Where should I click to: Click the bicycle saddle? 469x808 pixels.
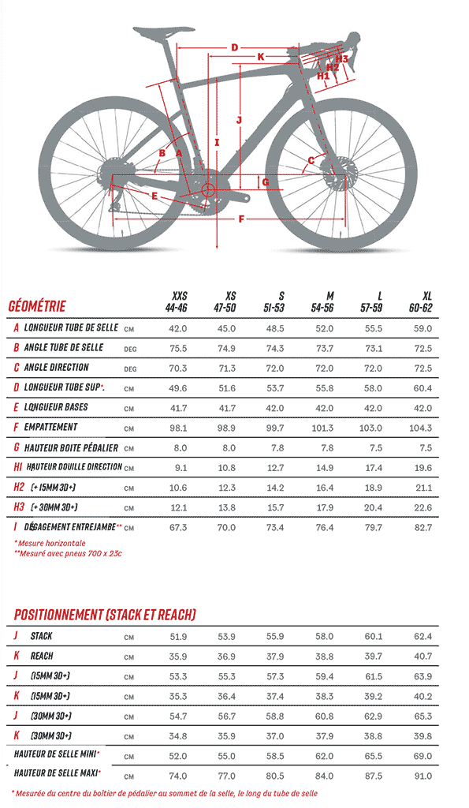pyautogui.click(x=164, y=32)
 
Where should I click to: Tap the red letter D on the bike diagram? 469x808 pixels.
pyautogui.click(x=234, y=48)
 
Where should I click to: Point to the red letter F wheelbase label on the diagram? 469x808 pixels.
pyautogui.click(x=241, y=219)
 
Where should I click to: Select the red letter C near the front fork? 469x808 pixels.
pyautogui.click(x=311, y=161)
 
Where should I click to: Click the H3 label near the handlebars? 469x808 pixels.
pyautogui.click(x=342, y=58)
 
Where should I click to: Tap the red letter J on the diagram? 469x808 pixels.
pyautogui.click(x=239, y=120)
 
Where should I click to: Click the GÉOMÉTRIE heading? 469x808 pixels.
pyautogui.click(x=37, y=307)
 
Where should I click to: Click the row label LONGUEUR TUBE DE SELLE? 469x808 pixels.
pyautogui.click(x=71, y=327)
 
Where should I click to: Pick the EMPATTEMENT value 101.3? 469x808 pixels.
pyautogui.click(x=323, y=428)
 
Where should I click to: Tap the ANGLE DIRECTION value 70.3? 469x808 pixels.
pyautogui.click(x=178, y=368)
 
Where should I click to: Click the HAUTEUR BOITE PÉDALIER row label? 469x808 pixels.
pyautogui.click(x=71, y=448)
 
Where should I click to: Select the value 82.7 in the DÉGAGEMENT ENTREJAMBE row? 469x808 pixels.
pyautogui.click(x=423, y=528)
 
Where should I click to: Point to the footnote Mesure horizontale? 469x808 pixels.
pyautogui.click(x=50, y=543)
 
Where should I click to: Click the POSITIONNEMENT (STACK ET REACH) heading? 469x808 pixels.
pyautogui.click(x=105, y=615)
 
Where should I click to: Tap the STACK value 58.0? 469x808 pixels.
pyautogui.click(x=324, y=637)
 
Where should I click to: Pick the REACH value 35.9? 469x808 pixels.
pyautogui.click(x=178, y=656)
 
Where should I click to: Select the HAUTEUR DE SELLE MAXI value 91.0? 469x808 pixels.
pyautogui.click(x=422, y=776)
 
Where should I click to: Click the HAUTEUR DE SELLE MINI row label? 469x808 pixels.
pyautogui.click(x=56, y=754)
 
